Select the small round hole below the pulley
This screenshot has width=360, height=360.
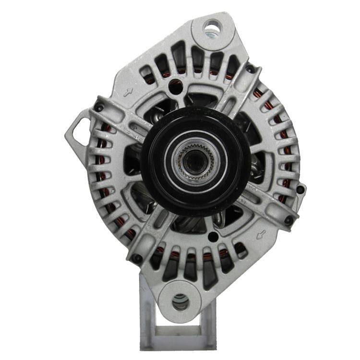click(211, 236)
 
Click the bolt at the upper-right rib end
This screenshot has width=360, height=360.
click(250, 70)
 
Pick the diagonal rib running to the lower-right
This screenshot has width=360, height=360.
click(262, 204)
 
